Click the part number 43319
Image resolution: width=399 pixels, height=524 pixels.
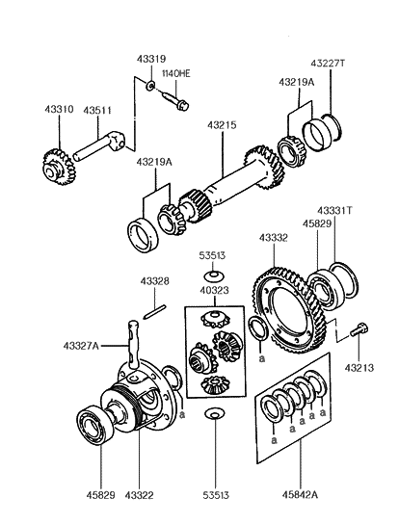click(x=151, y=59)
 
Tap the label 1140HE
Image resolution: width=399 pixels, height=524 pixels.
click(x=176, y=73)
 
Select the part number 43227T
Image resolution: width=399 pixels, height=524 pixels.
click(x=328, y=63)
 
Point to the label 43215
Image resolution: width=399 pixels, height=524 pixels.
click(x=222, y=125)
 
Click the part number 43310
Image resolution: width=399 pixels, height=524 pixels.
click(x=59, y=109)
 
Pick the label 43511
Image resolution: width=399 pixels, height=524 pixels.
click(x=97, y=110)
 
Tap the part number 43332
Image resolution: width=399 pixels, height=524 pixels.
click(x=274, y=238)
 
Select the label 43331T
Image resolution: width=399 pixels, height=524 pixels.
click(x=334, y=211)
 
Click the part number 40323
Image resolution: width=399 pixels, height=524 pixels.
click(x=214, y=290)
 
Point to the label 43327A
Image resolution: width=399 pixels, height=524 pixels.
click(x=81, y=346)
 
